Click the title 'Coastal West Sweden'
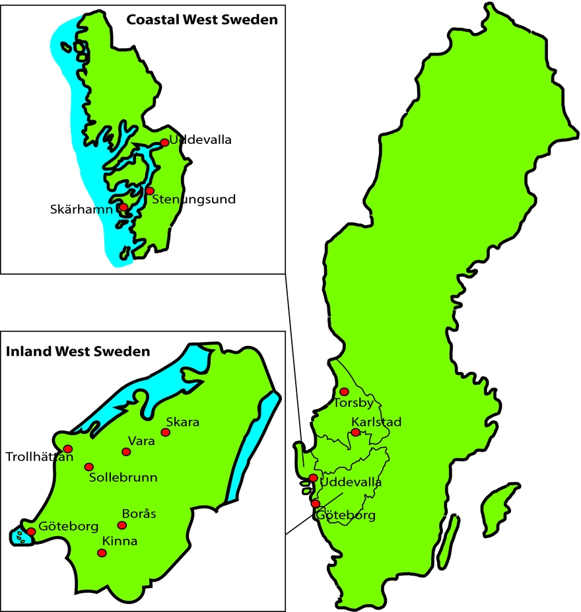point(202,19)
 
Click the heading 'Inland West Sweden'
point(78,351)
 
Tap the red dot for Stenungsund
point(150,191)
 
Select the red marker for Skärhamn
point(123,207)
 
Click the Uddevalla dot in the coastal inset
point(164,143)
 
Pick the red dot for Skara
point(166,432)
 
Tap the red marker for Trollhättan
point(67,449)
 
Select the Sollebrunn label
point(123,477)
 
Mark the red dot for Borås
point(121,526)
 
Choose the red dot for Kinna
point(102,553)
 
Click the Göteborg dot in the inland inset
point(31,531)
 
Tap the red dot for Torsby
point(344,391)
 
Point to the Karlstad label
point(376,422)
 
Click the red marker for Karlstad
point(356,432)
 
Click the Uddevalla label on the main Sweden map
point(351,483)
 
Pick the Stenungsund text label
point(193,199)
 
